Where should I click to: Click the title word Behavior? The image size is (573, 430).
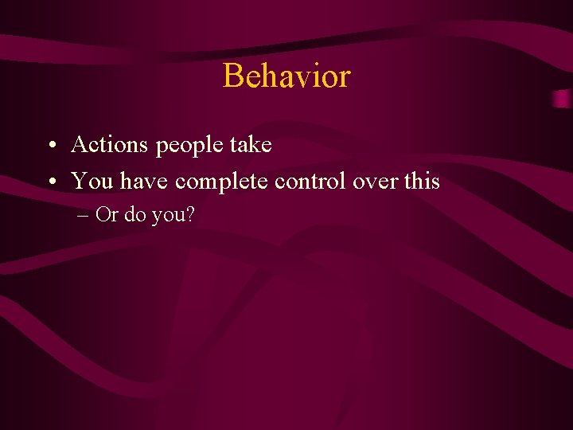(286, 76)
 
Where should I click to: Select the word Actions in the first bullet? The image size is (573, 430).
(110, 145)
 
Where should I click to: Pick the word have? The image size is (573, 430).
(145, 182)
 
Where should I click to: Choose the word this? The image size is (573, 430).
(422, 182)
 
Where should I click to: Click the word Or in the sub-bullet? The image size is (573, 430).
(106, 215)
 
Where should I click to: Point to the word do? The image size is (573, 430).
(135, 215)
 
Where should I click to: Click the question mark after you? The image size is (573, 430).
(189, 215)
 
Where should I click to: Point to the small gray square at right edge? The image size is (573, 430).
(563, 99)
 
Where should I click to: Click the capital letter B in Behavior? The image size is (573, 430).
(233, 76)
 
